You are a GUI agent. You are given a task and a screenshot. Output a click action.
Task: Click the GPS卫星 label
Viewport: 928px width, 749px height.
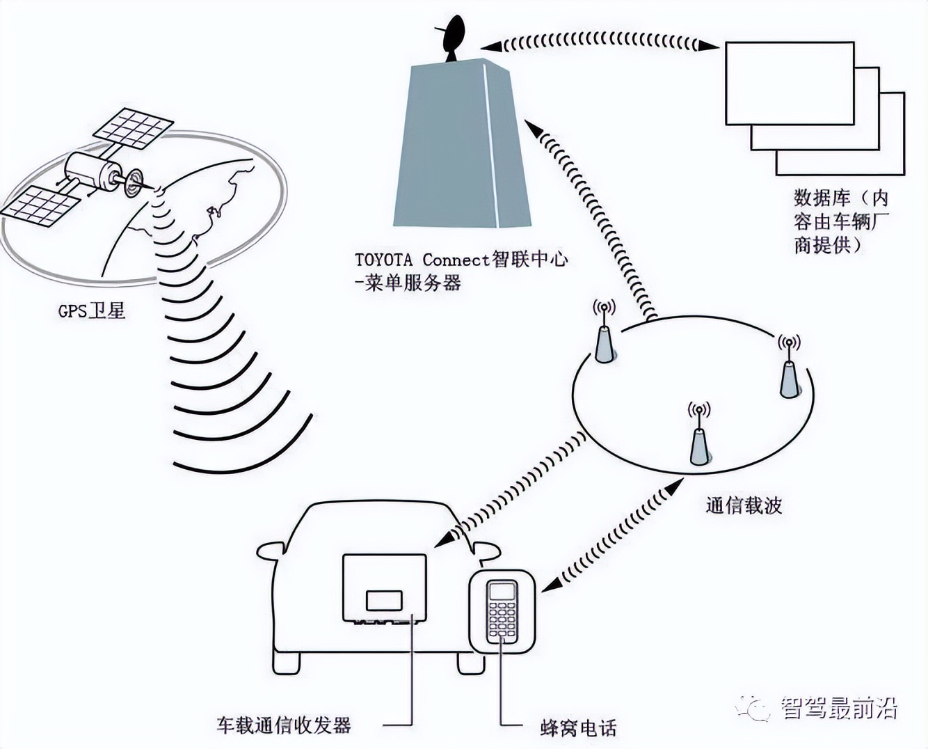pos(92,310)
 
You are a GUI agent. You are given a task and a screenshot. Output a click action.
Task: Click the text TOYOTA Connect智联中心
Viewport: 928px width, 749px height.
pos(461,260)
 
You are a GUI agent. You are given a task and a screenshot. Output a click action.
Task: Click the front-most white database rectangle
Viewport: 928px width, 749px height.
pos(790,84)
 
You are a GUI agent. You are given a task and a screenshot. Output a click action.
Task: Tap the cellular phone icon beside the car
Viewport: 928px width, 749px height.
pos(502,611)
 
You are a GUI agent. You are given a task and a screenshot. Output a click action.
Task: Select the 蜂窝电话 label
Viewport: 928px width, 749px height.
pos(578,728)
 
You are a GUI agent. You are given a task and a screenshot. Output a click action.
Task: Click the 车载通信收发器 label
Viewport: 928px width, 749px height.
pos(283,725)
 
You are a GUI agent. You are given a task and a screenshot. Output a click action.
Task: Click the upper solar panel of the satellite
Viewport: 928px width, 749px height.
pos(134,128)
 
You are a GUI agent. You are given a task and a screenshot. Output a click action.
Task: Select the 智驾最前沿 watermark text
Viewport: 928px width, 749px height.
pos(838,708)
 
